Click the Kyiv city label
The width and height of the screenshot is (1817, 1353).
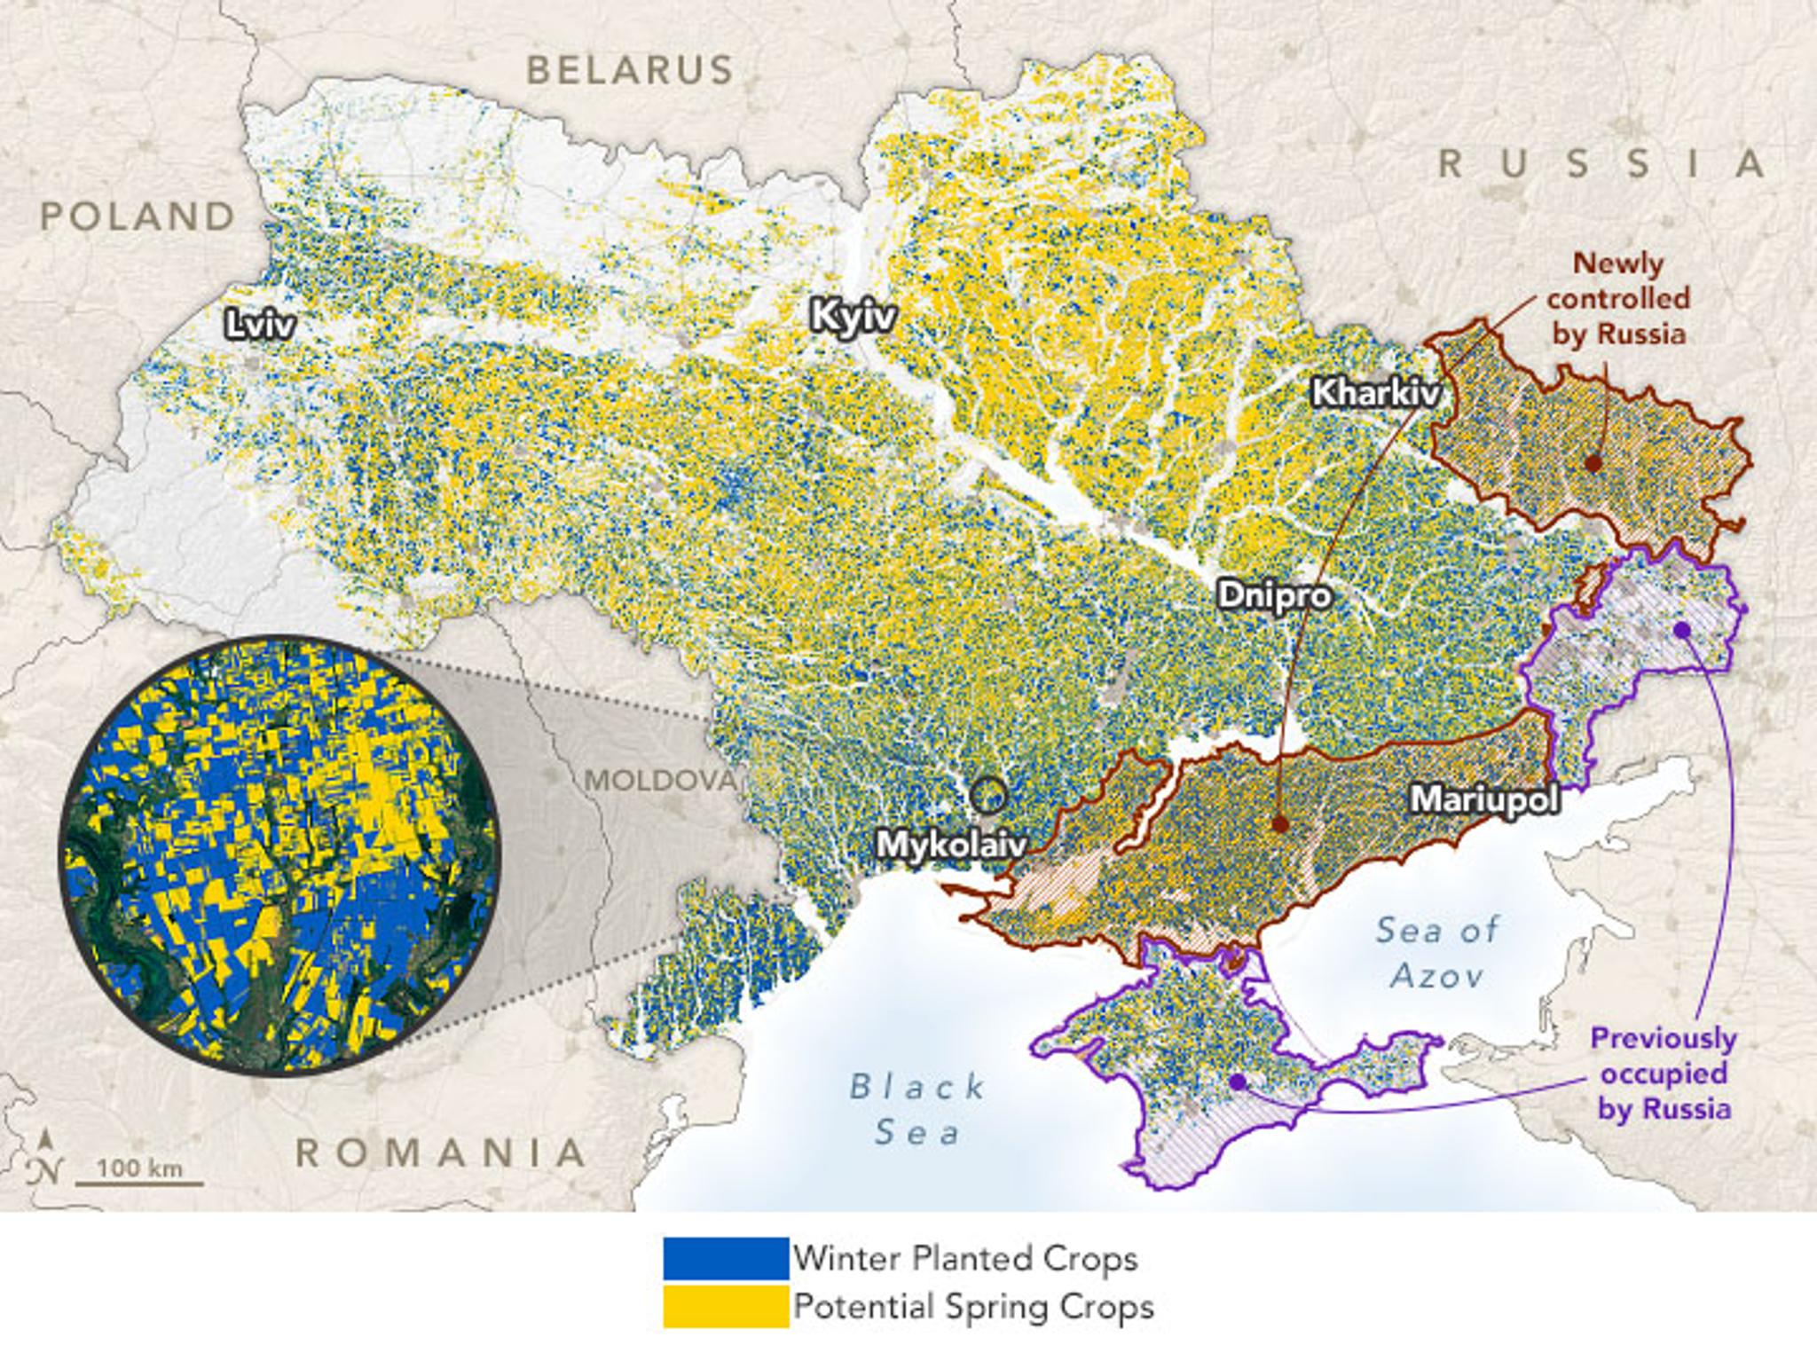(x=853, y=317)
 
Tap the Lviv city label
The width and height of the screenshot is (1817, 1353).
(x=259, y=325)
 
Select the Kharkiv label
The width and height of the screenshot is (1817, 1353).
(x=1375, y=391)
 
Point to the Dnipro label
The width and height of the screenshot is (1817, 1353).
(x=1274, y=594)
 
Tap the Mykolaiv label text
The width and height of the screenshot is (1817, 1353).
(x=951, y=844)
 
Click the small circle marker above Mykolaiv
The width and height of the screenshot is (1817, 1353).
(x=988, y=796)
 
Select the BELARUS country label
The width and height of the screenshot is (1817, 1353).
(x=630, y=69)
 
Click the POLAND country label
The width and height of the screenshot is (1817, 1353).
(x=138, y=216)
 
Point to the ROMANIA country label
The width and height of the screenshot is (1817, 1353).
(x=441, y=1152)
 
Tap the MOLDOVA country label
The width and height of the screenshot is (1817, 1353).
(x=660, y=781)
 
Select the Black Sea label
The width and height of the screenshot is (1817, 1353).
(x=917, y=1109)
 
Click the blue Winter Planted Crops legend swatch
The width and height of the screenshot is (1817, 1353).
(x=725, y=1258)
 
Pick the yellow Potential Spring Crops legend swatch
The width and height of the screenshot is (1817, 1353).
(x=725, y=1307)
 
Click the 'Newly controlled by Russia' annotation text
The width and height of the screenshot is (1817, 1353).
(x=1617, y=298)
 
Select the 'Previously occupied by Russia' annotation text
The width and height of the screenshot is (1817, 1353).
(x=1664, y=1073)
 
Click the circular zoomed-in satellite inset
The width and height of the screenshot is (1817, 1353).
(x=279, y=855)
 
